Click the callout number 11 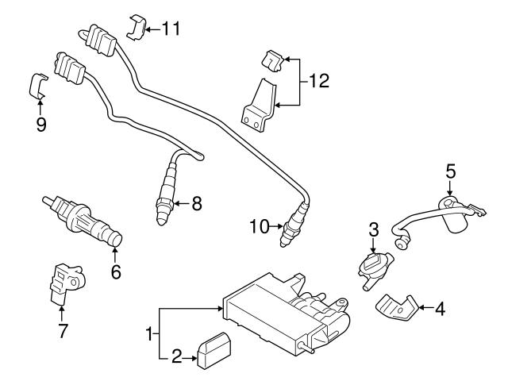click(170, 29)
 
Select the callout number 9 click(40, 125)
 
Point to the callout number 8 click(197, 203)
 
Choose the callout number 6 click(115, 271)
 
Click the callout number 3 click(372, 230)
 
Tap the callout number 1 click(149, 336)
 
